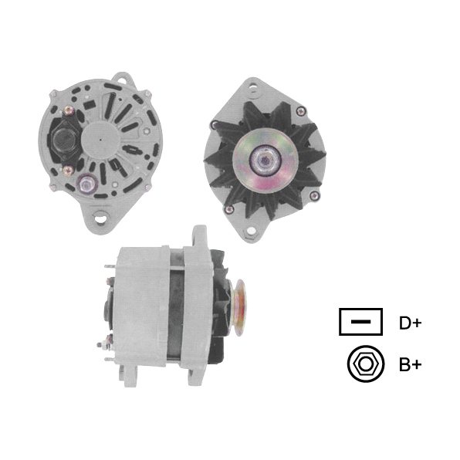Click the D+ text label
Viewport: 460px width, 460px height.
tap(410, 323)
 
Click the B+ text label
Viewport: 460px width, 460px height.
tap(410, 364)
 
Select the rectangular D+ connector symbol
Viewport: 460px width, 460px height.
tap(361, 322)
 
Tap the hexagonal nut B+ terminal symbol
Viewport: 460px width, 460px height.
tap(366, 364)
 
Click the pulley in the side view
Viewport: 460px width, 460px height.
tap(238, 308)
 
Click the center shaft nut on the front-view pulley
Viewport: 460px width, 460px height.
tap(266, 160)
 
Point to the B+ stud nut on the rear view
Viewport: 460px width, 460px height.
tap(86, 184)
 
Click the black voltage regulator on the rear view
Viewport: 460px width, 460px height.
tap(65, 140)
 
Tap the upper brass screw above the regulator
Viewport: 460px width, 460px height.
tap(69, 110)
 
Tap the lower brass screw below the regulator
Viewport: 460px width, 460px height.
tap(69, 171)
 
